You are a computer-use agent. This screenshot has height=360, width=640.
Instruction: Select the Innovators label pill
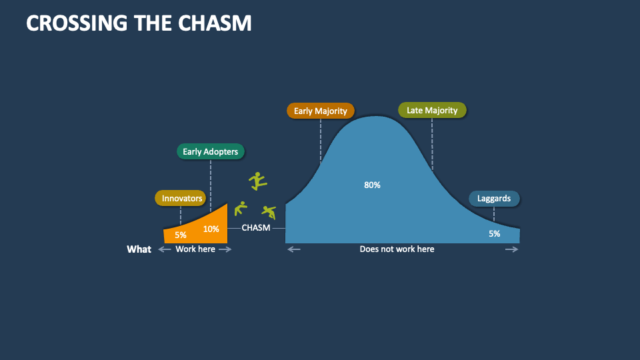pyautogui.click(x=182, y=198)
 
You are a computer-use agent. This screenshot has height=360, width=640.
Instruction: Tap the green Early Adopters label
pyautogui.click(x=210, y=151)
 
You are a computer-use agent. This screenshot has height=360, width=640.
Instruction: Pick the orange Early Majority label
pyautogui.click(x=321, y=111)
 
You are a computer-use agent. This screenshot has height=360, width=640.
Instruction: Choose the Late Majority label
pyautogui.click(x=432, y=110)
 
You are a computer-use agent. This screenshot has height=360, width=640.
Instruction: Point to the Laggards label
pyautogui.click(x=494, y=198)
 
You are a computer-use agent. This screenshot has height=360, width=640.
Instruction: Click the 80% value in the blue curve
pyautogui.click(x=372, y=185)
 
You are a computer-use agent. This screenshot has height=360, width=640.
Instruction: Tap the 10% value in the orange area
pyautogui.click(x=211, y=229)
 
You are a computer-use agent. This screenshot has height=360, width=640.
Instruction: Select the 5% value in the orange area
pyautogui.click(x=181, y=235)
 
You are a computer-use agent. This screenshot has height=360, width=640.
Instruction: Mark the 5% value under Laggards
pyautogui.click(x=494, y=233)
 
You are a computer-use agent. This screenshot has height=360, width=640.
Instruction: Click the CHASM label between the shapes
pyautogui.click(x=256, y=228)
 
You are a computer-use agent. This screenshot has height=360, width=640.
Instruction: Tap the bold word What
pyautogui.click(x=139, y=249)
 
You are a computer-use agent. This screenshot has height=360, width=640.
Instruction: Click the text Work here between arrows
pyautogui.click(x=195, y=249)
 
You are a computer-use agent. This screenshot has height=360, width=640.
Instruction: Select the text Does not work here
pyautogui.click(x=397, y=249)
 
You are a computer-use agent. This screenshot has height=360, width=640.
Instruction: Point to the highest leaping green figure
pyautogui.click(x=257, y=181)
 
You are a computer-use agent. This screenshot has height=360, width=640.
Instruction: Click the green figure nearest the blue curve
pyautogui.click(x=269, y=212)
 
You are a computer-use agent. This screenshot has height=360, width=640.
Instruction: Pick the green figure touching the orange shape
pyautogui.click(x=241, y=208)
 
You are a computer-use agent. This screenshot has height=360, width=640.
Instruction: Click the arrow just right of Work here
pyautogui.click(x=225, y=249)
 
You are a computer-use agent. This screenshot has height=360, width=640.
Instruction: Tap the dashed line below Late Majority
pyautogui.click(x=432, y=143)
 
